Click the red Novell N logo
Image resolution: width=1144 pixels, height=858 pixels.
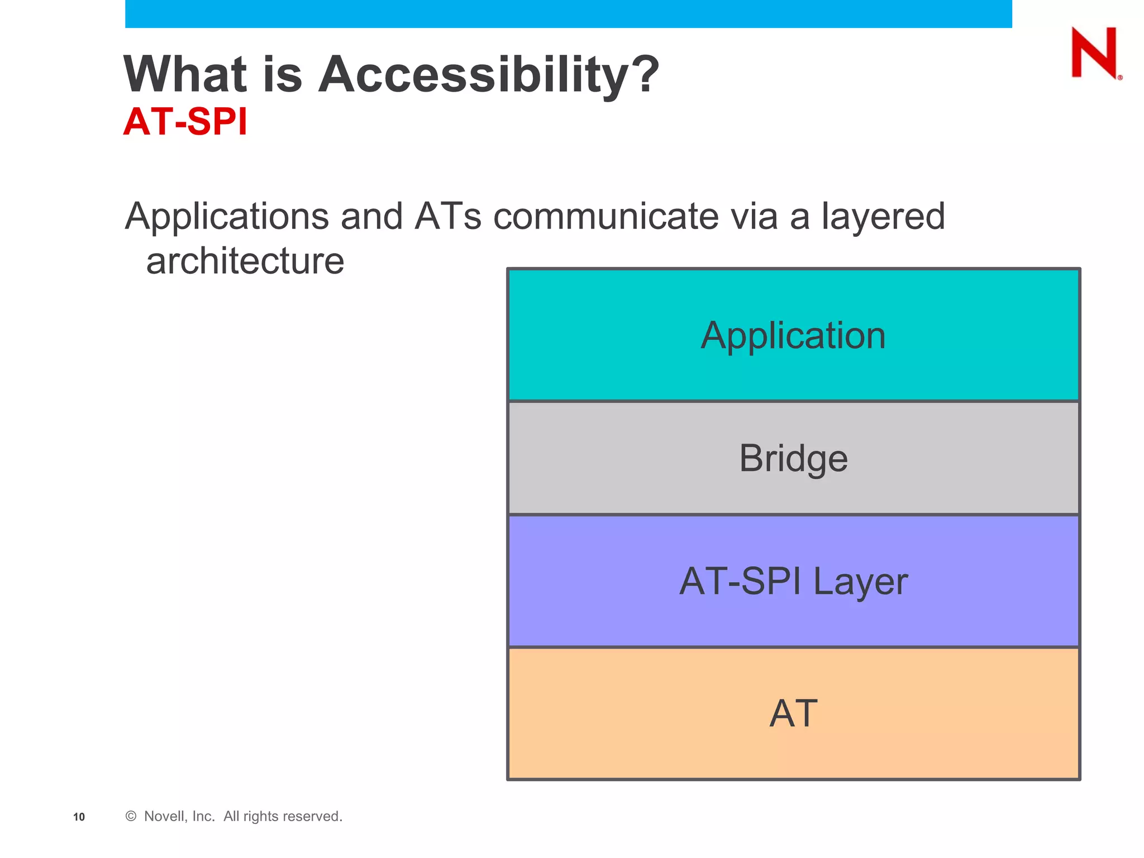(1095, 54)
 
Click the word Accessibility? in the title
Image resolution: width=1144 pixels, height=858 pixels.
(489, 75)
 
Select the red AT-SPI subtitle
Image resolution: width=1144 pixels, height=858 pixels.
(185, 121)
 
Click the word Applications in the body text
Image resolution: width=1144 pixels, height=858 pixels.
(227, 217)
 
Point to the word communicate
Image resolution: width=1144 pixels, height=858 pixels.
(606, 217)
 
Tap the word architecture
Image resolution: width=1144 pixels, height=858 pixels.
(245, 261)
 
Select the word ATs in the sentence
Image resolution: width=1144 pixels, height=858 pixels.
(447, 217)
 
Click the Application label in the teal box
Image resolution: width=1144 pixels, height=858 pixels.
(793, 336)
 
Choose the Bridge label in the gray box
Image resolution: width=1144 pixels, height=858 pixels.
(793, 459)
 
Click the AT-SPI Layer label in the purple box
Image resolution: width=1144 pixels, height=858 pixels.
(793, 581)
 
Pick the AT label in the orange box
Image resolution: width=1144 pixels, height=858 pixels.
(793, 714)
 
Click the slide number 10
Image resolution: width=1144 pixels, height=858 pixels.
(79, 817)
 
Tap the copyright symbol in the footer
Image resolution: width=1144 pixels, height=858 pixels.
(131, 816)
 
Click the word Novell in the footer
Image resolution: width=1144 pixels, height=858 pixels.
(162, 816)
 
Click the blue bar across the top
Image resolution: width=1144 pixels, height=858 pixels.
(568, 13)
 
